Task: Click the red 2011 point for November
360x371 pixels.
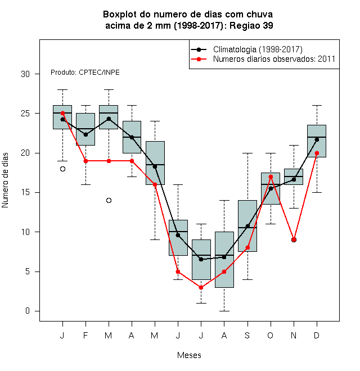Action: tap(294, 239)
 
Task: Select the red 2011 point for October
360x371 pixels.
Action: tap(271, 177)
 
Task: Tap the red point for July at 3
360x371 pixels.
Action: tap(201, 287)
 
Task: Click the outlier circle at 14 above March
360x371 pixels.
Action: tap(109, 201)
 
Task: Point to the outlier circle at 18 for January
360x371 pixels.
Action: tap(62, 169)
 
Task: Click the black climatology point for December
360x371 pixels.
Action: tap(317, 139)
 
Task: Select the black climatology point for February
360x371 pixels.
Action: tap(85, 135)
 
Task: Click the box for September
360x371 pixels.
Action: tap(247, 226)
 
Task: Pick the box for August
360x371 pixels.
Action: tap(224, 260)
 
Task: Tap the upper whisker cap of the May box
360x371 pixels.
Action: tap(155, 121)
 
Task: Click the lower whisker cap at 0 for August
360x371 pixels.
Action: tap(224, 311)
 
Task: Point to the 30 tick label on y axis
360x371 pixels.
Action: tap(25, 74)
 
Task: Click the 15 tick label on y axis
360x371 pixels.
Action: tap(25, 192)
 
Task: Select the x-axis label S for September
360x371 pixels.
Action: tap(247, 335)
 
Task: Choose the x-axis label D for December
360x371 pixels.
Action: tap(317, 335)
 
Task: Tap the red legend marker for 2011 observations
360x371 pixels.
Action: tap(199, 59)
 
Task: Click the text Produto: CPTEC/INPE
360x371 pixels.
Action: tap(85, 73)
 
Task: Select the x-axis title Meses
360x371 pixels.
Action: tap(189, 355)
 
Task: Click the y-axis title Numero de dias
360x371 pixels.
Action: tap(5, 180)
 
